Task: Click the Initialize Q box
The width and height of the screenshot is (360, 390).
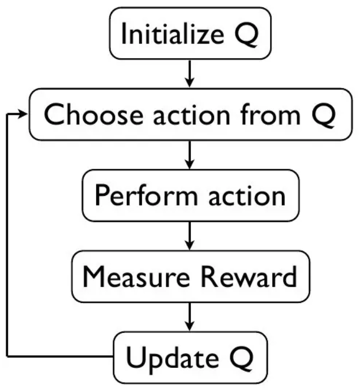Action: pos(190,33)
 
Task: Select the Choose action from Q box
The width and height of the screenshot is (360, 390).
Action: pos(190,114)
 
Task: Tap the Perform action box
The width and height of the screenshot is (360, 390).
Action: pos(190,195)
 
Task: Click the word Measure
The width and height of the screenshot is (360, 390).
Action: pos(128,277)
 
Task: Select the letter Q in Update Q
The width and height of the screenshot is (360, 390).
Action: pos(240,358)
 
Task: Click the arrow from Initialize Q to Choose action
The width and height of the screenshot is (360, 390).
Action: pos(190,74)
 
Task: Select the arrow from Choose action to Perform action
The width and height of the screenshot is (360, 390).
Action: pos(190,155)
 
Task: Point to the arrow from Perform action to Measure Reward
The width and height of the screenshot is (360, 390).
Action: pos(190,236)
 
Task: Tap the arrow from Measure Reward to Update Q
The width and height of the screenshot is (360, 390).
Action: pos(190,317)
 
